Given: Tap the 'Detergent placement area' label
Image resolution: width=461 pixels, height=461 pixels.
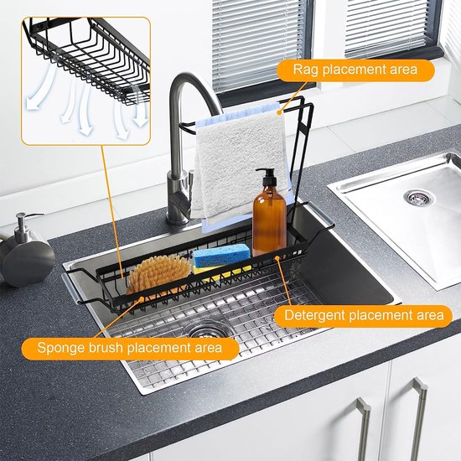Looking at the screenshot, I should coord(363,315).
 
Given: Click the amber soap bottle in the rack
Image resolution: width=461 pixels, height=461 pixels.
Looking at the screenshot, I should coord(269,220).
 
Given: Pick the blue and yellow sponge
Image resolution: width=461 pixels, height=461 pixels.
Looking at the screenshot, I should coord(221,257).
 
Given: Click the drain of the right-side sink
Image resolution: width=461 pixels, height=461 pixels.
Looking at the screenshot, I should coord(419,199).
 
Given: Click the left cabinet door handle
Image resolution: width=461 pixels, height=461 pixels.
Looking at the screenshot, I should coord(363,428).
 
